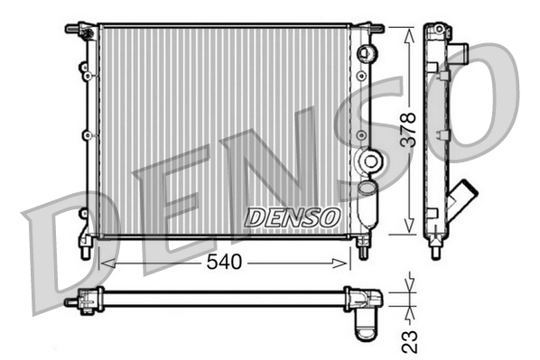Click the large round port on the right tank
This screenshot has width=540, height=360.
pos(369,162)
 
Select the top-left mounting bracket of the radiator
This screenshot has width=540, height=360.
pos(79,29)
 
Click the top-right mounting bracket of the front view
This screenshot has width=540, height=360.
pos(371,29)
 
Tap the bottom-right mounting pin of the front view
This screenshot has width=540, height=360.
pos(363,249)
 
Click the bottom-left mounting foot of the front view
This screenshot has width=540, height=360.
pos(85,247)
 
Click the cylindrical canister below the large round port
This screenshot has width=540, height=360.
pos(367,203)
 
